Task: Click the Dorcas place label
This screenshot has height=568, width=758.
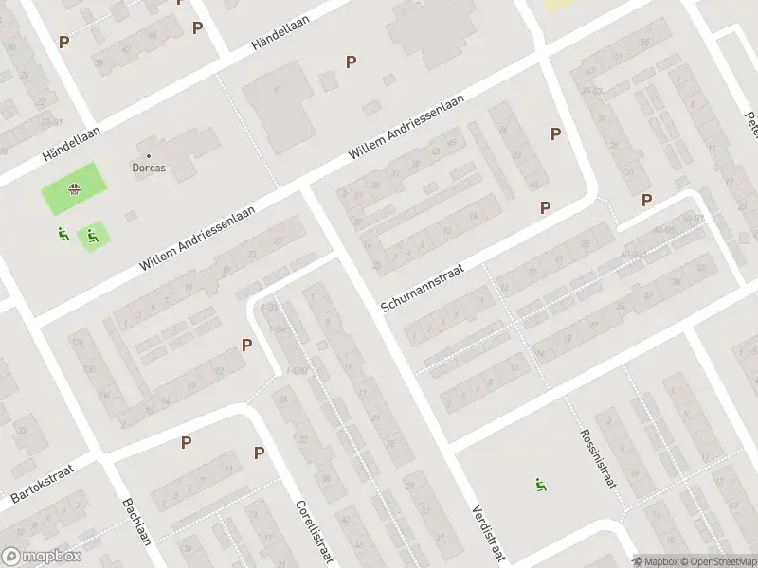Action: (149, 169)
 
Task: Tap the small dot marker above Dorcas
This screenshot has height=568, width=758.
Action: (149, 155)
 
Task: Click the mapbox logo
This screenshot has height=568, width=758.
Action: (40, 557)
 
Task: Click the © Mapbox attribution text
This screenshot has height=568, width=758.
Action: (656, 561)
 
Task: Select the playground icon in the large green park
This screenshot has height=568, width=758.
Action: (72, 189)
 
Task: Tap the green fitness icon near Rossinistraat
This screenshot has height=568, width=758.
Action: (540, 486)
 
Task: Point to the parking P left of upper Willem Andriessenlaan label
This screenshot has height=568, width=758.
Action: (352, 62)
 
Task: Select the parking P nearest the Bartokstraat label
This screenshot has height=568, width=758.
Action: (187, 442)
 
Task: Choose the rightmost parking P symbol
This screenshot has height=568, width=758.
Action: (647, 200)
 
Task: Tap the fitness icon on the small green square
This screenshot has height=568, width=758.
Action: (92, 236)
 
